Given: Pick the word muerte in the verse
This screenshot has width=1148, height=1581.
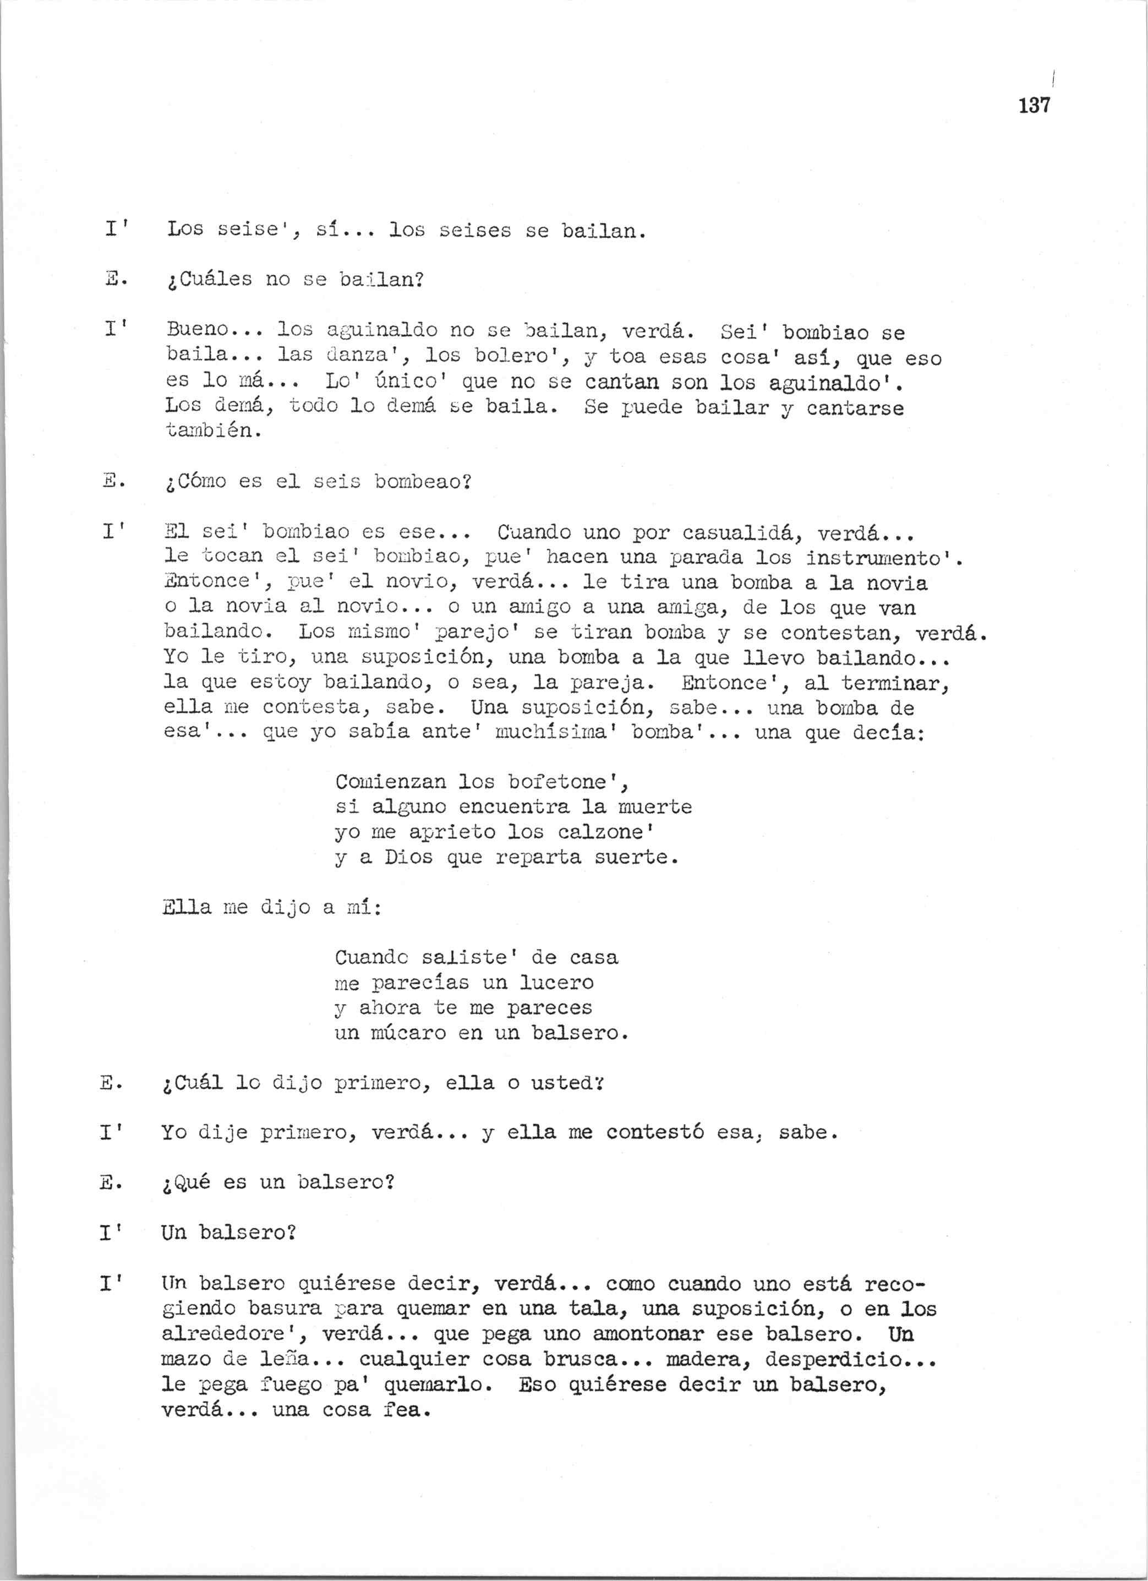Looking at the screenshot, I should [654, 807].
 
